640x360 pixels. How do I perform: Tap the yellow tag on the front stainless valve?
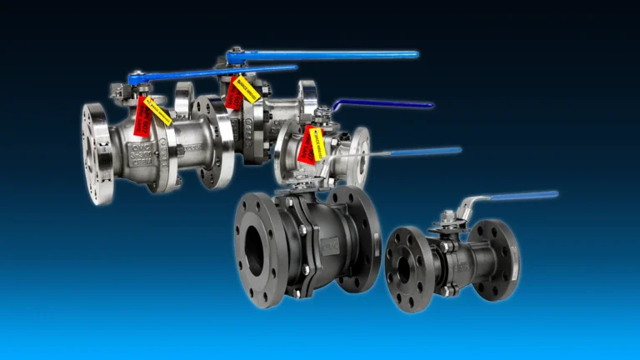(x=157, y=110)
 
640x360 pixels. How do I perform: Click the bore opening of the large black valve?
(x=253, y=249)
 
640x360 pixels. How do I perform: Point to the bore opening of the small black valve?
(x=403, y=268)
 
